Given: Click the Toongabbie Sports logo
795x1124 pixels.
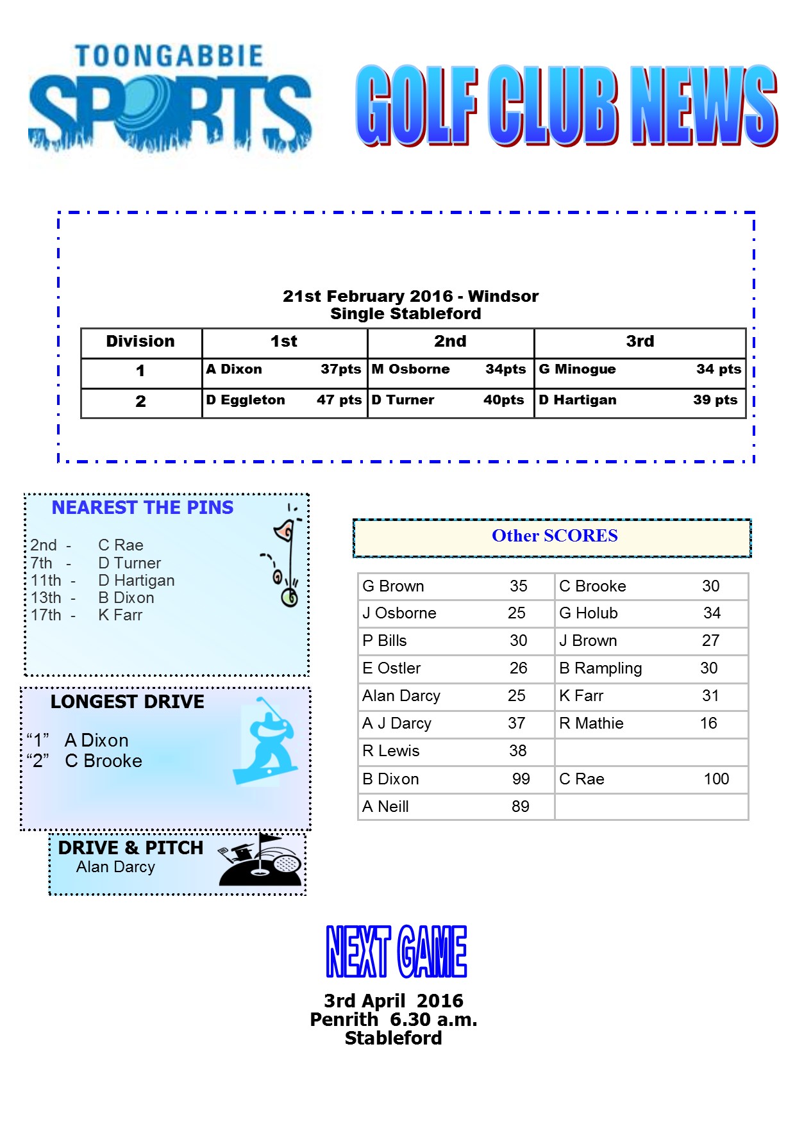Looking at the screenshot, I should tap(170, 99).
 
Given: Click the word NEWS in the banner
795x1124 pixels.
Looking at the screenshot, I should tap(703, 106).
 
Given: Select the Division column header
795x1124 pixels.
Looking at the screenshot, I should tap(140, 342).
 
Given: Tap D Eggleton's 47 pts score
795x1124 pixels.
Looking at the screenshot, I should tap(339, 400).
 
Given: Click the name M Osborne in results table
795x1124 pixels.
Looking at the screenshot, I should tap(411, 369).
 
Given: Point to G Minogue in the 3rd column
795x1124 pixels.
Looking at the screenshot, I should tap(577, 369).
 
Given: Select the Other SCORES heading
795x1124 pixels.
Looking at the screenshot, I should tap(555, 536).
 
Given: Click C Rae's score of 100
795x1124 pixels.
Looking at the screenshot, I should tap(716, 779).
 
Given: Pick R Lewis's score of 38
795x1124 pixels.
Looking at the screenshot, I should tap(517, 750).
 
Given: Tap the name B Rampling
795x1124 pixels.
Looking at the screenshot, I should tap(600, 668).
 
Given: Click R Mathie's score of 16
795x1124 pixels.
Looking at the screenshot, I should tap(708, 723).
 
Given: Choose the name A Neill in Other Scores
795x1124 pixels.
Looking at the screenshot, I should tap(385, 806).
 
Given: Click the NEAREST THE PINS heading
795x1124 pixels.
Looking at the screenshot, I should tap(142, 508).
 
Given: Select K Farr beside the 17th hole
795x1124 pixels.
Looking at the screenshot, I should tap(121, 615).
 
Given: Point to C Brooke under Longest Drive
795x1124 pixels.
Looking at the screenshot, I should tap(104, 761).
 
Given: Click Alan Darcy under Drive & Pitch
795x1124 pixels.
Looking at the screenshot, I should tap(116, 867).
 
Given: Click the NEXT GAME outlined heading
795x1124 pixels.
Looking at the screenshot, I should tap(396, 952).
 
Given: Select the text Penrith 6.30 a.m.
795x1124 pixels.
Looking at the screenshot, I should tap(394, 1020).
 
